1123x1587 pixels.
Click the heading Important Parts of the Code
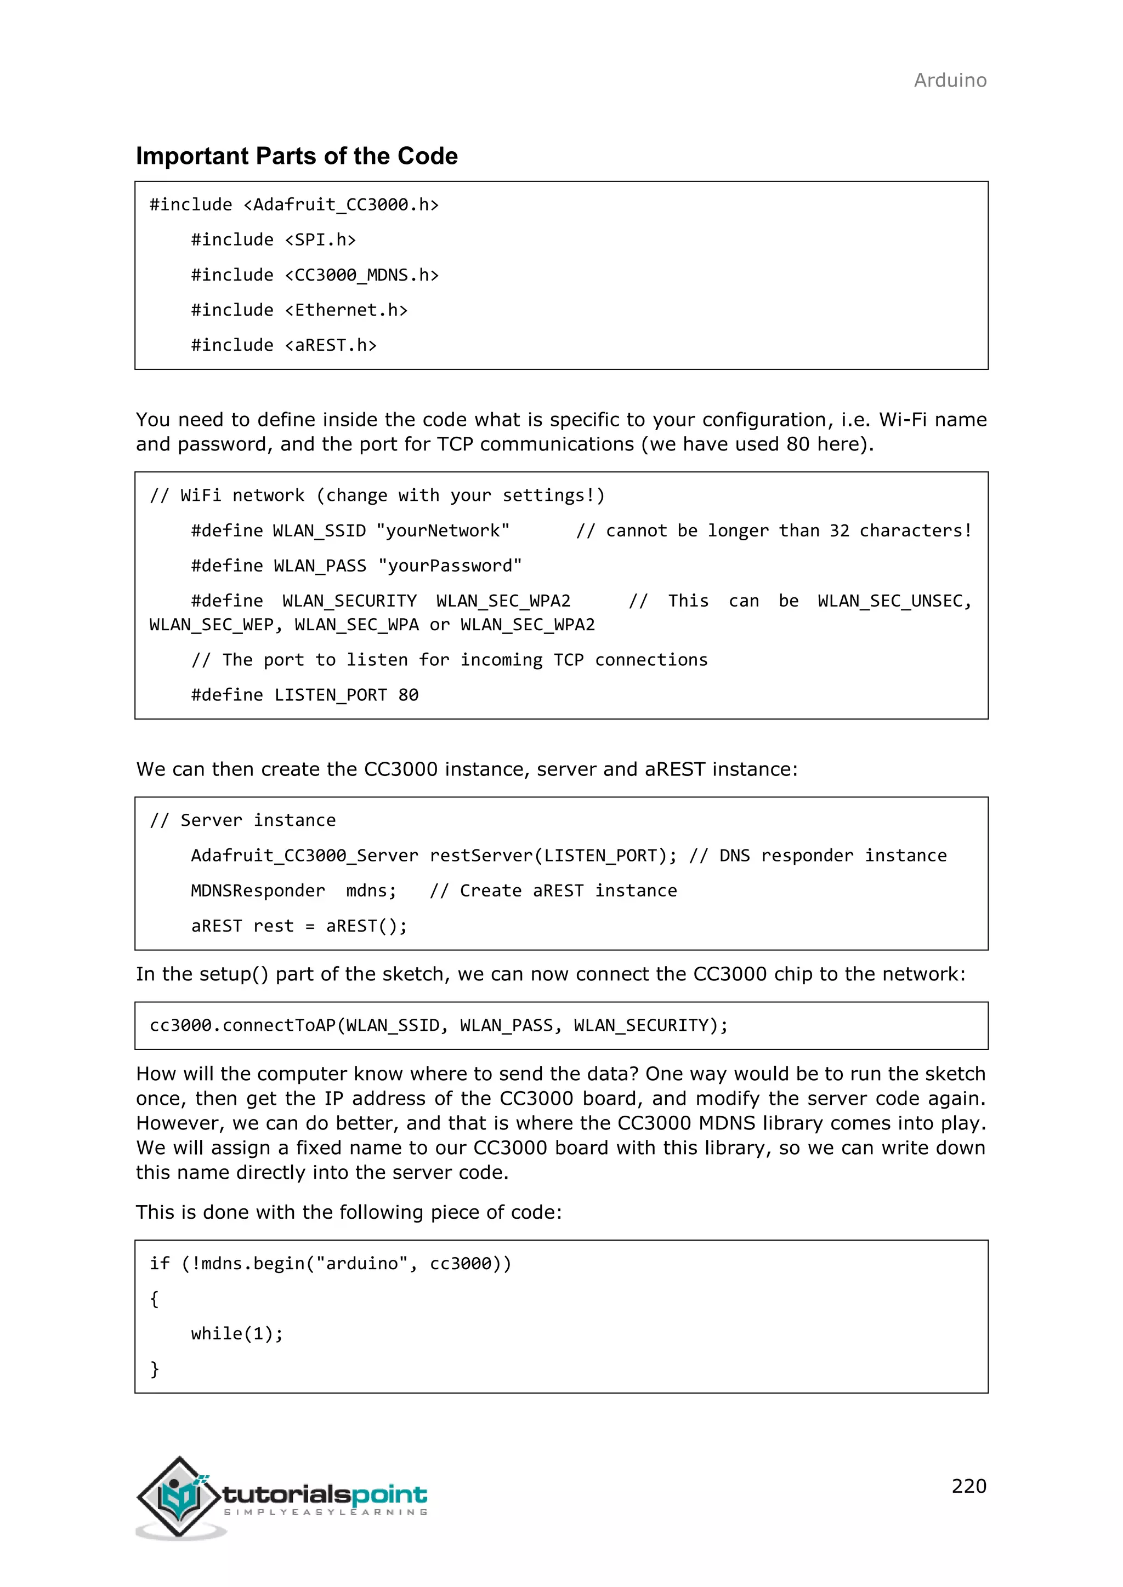tap(296, 156)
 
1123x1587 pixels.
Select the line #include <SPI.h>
tap(273, 240)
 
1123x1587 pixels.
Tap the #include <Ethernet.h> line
tap(299, 310)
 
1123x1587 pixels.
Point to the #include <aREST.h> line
tap(283, 345)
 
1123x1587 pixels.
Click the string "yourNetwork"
tap(443, 531)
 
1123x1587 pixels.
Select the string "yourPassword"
tap(450, 566)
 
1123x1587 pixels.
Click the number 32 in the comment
tap(839, 531)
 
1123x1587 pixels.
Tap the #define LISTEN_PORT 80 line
tap(304, 695)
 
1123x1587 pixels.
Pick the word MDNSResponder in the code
tap(257, 891)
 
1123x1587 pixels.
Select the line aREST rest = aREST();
tap(299, 926)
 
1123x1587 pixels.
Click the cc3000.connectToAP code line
tap(439, 1025)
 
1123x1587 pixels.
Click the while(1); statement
tap(236, 1333)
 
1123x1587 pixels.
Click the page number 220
tap(968, 1486)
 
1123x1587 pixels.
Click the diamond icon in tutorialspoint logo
tap(180, 1497)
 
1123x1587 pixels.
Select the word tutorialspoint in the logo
tap(325, 1494)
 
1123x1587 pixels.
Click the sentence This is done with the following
tap(349, 1212)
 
